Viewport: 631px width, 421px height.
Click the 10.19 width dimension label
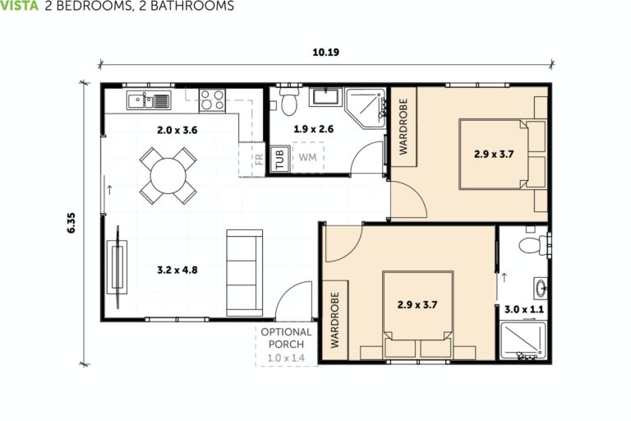326,52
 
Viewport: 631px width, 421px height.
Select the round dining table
168,174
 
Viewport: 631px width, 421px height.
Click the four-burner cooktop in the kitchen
213,100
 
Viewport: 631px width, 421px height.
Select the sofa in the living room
244,272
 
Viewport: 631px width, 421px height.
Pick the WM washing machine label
307,157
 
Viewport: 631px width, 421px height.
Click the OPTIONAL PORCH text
286,338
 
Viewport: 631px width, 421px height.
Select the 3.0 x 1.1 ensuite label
523,309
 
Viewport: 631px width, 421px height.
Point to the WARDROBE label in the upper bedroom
403,127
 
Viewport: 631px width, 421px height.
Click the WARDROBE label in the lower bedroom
335,320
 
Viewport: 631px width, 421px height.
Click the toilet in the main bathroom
288,103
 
